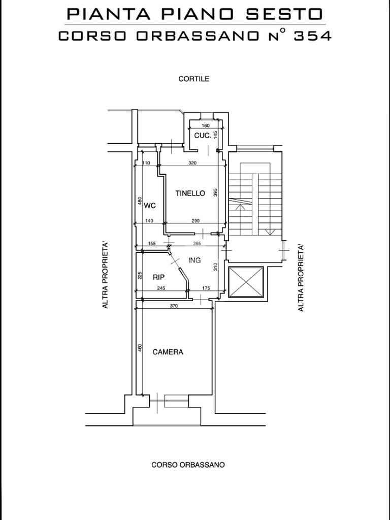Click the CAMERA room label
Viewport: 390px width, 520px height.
(168, 352)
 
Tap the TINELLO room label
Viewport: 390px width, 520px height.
(190, 193)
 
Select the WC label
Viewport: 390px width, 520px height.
(150, 206)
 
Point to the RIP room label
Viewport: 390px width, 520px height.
(158, 277)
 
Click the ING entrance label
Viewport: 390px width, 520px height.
(194, 261)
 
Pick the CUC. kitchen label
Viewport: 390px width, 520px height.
(203, 136)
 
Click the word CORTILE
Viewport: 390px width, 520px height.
(194, 79)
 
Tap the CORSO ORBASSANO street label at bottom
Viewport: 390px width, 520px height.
(188, 465)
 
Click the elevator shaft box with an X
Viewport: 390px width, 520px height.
(246, 282)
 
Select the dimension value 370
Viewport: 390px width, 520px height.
(174, 306)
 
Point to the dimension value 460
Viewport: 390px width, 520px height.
(140, 348)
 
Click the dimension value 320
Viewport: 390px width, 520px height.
(192, 163)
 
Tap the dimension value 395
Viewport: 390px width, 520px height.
(215, 193)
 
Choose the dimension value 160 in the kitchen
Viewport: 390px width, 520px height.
(206, 126)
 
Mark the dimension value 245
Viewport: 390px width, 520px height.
(161, 288)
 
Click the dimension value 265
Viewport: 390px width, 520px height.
(197, 243)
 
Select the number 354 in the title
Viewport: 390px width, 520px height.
(312, 36)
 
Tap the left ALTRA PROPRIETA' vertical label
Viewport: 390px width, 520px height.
(106, 276)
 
